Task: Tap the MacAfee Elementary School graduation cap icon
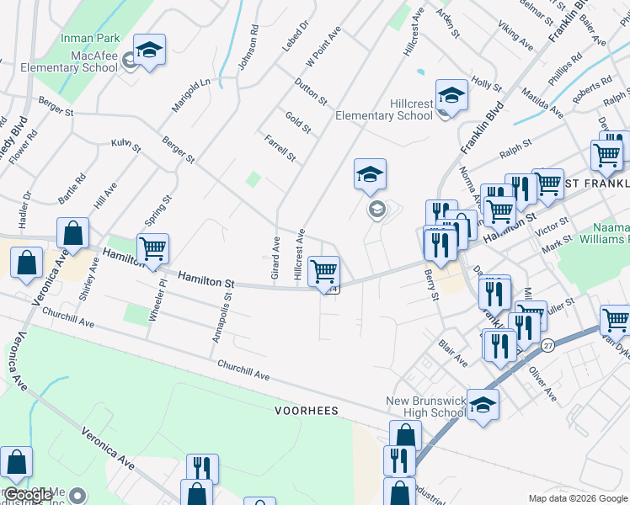click(x=149, y=51)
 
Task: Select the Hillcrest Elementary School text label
click(x=384, y=109)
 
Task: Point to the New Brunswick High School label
click(x=425, y=407)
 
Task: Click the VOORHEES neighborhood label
click(x=306, y=411)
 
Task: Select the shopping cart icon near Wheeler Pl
click(x=152, y=249)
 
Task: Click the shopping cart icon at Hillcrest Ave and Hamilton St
click(x=323, y=272)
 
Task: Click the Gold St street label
click(x=298, y=123)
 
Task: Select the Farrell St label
click(x=280, y=148)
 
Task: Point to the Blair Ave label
click(x=453, y=353)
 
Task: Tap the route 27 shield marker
click(x=548, y=346)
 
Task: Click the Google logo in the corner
click(x=29, y=495)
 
